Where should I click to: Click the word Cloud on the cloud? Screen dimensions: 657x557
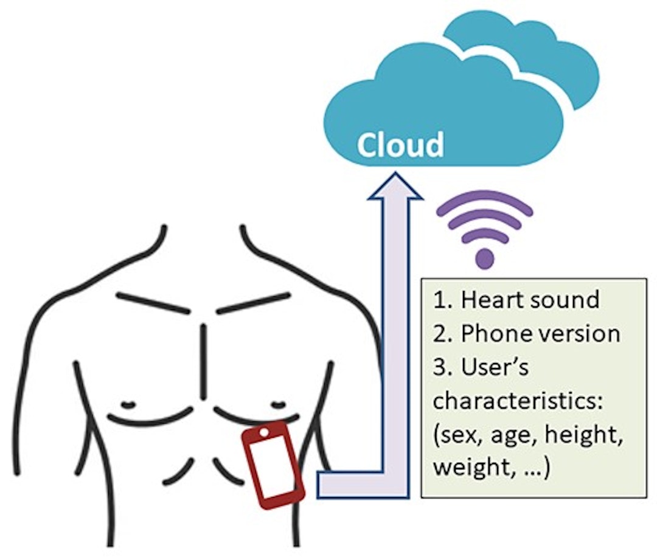[400, 144]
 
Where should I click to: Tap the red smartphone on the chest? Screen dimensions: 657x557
[273, 465]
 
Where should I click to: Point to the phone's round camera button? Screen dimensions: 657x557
[264, 432]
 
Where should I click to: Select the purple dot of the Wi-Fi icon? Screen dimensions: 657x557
[485, 258]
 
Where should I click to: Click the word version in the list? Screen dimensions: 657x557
[580, 334]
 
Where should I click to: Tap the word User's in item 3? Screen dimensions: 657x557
[495, 367]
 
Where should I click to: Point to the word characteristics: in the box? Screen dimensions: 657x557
[518, 401]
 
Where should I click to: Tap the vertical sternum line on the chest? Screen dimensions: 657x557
[204, 361]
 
